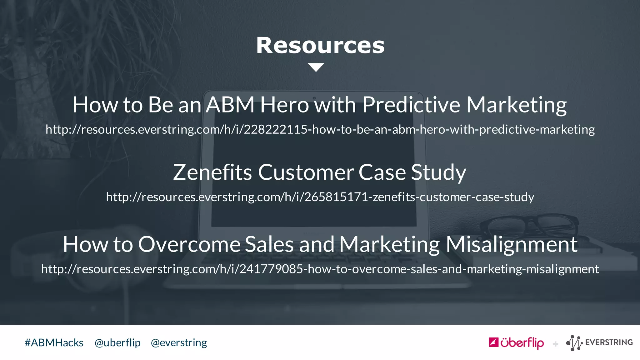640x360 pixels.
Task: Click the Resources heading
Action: pyautogui.click(x=320, y=46)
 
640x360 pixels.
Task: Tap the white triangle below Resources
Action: pyautogui.click(x=316, y=67)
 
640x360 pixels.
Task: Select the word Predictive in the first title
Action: pyautogui.click(x=411, y=105)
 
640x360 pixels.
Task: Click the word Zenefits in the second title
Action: pyautogui.click(x=212, y=172)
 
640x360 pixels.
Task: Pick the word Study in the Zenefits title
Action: pyautogui.click(x=438, y=172)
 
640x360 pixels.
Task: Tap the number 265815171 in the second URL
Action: pyautogui.click(x=336, y=197)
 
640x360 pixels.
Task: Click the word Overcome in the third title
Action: pyautogui.click(x=189, y=244)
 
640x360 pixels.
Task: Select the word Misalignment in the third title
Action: pyautogui.click(x=512, y=244)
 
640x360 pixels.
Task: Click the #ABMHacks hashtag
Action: pyautogui.click(x=54, y=343)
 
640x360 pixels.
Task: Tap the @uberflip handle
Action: pyautogui.click(x=117, y=343)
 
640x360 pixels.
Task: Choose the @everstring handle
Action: pyautogui.click(x=179, y=343)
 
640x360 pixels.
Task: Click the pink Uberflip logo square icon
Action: pyautogui.click(x=493, y=342)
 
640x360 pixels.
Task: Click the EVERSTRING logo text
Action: pyautogui.click(x=609, y=342)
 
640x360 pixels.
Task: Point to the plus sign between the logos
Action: pyautogui.click(x=555, y=344)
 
